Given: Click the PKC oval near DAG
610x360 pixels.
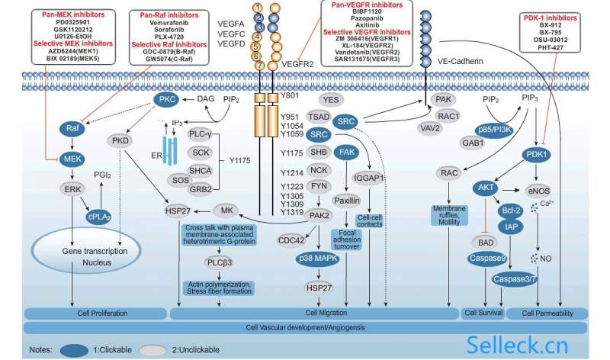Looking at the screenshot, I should click(167, 99).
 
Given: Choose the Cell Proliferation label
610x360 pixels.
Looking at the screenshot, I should click(94, 313).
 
